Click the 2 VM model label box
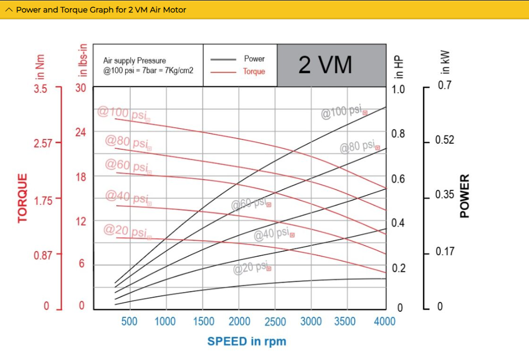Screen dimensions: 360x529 tap(331, 65)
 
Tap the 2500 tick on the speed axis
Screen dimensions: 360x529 tap(275, 322)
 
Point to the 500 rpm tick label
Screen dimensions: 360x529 tap(129, 322)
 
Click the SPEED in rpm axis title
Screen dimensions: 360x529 tap(246, 341)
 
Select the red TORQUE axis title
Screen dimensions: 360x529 tap(22, 198)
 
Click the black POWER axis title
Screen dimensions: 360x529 tap(464, 196)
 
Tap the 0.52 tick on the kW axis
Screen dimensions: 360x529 tap(444, 141)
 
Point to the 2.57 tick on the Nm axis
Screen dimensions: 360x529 tap(44, 143)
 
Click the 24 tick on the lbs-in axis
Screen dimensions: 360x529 tap(80, 132)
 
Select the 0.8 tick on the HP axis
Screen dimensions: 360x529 tap(398, 134)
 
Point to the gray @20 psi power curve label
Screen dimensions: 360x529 tap(251, 268)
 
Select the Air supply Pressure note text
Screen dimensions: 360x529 tap(148, 65)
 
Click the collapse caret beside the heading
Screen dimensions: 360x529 tap(8, 10)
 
